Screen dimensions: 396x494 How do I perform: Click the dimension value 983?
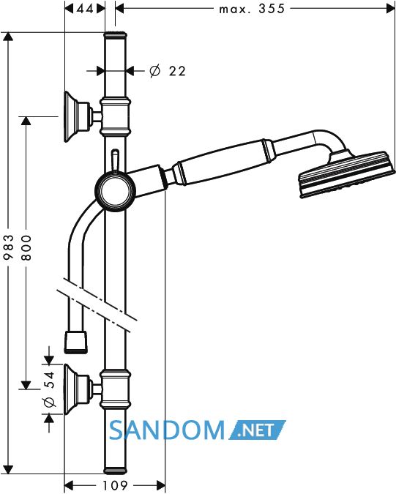9,247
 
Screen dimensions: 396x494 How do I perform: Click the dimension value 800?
27,247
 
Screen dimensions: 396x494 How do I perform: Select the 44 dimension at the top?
85,9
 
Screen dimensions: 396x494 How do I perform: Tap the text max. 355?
252,9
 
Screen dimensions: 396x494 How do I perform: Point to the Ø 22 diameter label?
168,71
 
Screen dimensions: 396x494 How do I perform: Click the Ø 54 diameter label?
50,389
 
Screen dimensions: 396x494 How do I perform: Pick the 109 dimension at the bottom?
115,485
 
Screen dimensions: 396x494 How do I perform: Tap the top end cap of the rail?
115,35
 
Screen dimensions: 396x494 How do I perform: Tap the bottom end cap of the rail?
115,470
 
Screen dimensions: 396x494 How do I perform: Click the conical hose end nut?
75,342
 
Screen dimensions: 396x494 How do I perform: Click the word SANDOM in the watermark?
167,430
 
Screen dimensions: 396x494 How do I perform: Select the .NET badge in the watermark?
257,430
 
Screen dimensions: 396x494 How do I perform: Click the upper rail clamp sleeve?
116,117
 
